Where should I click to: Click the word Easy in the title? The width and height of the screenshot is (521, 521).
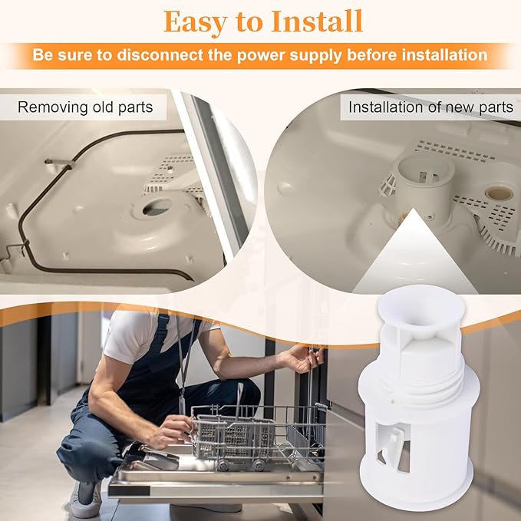(196, 22)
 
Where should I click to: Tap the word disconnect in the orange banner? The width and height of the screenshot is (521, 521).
(160, 54)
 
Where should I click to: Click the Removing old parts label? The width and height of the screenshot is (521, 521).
(85, 107)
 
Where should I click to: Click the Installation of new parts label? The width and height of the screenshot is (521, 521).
(430, 107)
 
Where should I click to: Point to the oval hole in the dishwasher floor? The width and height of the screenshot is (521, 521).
(157, 207)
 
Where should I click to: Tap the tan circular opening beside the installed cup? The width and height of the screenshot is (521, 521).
(499, 193)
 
